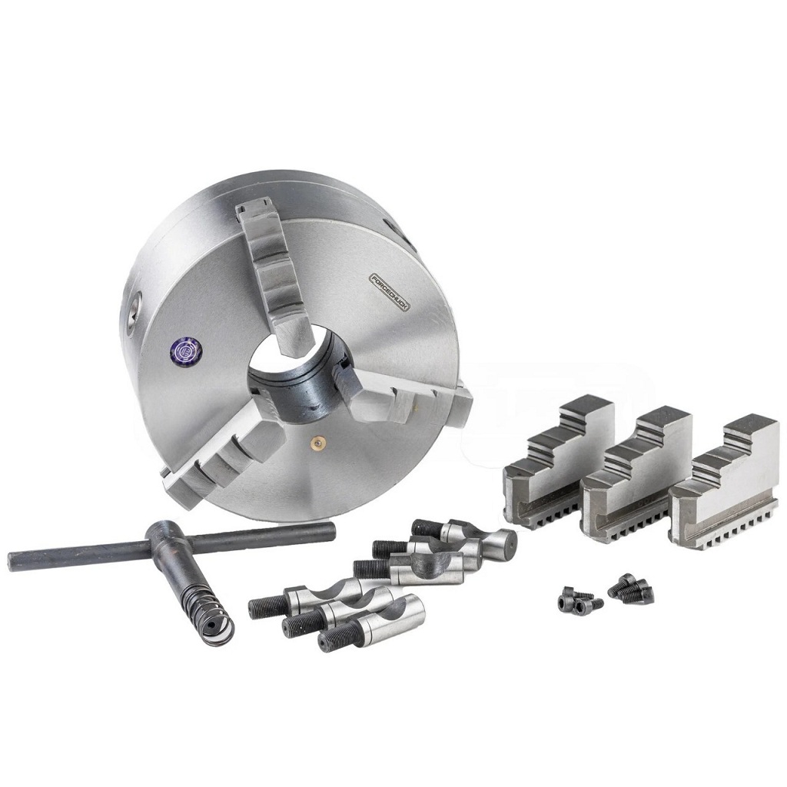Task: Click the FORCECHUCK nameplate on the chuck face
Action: click(391, 291)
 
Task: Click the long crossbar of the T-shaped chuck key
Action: click(169, 544)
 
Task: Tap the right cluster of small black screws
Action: click(630, 588)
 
